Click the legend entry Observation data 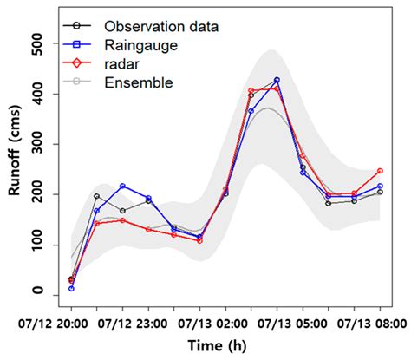(160, 24)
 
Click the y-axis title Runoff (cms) (15, 169)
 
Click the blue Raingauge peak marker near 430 (277, 81)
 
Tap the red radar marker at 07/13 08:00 (380, 171)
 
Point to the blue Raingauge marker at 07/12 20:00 (71, 288)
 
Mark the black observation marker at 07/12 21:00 (97, 196)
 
